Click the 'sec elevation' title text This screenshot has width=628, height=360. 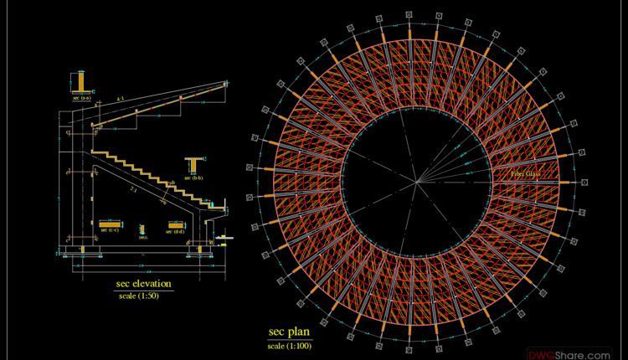point(143,284)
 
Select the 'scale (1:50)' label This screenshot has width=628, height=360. point(142,296)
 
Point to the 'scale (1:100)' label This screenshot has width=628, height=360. point(289,345)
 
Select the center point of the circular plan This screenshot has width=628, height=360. point(417,181)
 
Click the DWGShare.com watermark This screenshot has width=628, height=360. point(580,354)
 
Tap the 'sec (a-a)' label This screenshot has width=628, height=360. point(82,98)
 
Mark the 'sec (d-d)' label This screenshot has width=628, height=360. point(175,231)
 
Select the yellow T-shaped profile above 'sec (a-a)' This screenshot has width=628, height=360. point(81,83)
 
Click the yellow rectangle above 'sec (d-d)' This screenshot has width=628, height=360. point(175,224)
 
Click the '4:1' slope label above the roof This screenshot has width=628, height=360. point(121,100)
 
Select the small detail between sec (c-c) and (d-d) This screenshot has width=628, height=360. point(142,229)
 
